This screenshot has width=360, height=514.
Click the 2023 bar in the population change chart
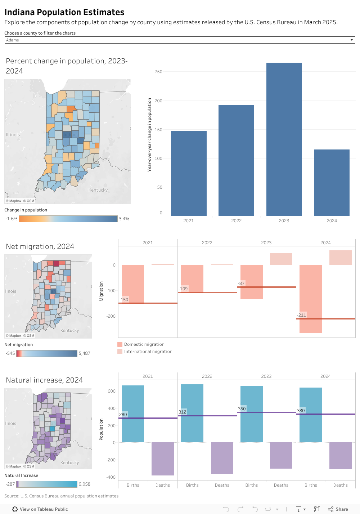pos(284,139)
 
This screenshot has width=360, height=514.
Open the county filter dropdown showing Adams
pos(180,40)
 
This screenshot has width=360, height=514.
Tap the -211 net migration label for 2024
pos(302,315)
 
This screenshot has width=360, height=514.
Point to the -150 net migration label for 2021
pos(124,300)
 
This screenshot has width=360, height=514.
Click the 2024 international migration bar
pos(340,258)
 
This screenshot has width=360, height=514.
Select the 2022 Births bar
pos(192,413)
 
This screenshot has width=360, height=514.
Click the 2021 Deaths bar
pos(163,459)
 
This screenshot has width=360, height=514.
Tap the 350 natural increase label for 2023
pos(242,409)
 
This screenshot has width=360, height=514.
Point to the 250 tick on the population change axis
pos(158,72)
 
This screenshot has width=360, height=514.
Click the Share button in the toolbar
pos(338,509)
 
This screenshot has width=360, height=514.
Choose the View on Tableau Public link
pos(40,509)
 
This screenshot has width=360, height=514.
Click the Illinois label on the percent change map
pos(13,135)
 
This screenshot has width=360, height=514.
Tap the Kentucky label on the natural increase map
pos(69,462)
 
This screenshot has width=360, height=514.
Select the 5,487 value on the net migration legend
pos(84,353)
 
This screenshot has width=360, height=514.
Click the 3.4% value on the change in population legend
pos(124,219)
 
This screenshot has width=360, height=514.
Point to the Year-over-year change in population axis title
pos(149,135)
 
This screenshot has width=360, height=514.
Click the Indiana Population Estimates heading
pos(64,12)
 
